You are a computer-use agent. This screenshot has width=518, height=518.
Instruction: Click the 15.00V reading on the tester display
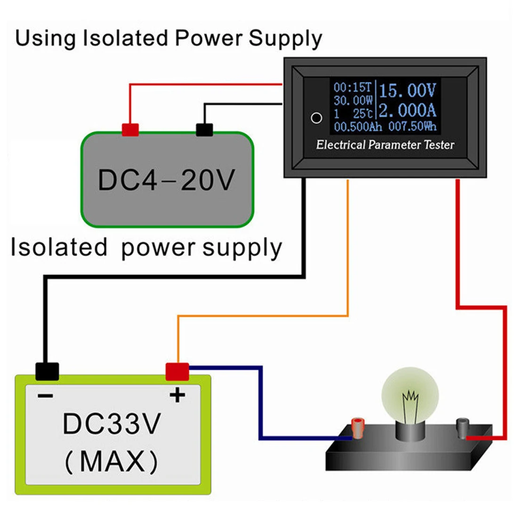point(407,90)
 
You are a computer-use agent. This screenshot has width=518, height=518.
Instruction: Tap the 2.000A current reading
point(407,110)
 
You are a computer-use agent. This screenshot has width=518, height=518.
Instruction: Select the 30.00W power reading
point(353,100)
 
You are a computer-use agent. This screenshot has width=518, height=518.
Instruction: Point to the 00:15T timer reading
point(353,87)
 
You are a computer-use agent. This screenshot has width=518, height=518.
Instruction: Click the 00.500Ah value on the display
point(358,127)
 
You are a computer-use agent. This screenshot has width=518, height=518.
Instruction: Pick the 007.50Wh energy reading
point(413,126)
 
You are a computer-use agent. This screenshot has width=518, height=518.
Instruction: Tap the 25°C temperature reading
point(363,113)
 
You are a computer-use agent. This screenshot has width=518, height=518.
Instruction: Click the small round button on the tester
point(316,118)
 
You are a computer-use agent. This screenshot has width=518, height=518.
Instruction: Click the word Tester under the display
point(439,145)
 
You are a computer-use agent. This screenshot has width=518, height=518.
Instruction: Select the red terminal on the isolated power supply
point(130,129)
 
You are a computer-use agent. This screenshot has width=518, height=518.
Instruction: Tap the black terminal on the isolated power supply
point(204,129)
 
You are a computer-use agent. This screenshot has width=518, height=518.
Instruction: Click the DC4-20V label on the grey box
point(167,180)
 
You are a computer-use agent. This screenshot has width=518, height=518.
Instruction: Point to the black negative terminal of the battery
point(47,372)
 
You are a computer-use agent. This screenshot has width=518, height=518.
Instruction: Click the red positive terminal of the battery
point(177,372)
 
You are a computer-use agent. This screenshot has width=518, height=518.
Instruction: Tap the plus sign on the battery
point(178,395)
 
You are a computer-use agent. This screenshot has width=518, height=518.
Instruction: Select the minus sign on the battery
point(45,396)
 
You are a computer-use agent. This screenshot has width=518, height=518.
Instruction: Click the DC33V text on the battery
point(112,424)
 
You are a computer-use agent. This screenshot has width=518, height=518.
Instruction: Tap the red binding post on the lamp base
point(358,428)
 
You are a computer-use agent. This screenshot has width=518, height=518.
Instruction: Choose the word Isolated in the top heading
point(126,38)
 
